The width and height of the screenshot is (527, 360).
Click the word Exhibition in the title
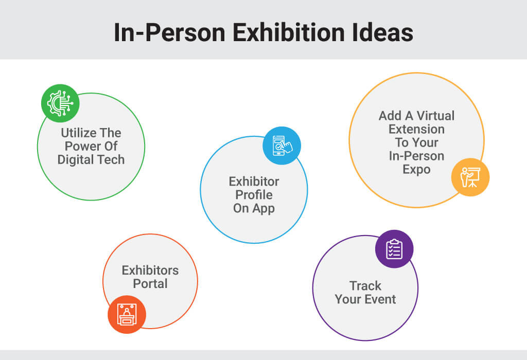pyautogui.click(x=289, y=32)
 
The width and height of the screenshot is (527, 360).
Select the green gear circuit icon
pyautogui.click(x=60, y=103)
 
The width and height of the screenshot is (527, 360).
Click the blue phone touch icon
pyautogui.click(x=282, y=146)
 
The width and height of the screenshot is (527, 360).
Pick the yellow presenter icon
pyautogui.click(x=470, y=177)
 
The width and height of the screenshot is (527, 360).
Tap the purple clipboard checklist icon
pyautogui.click(x=394, y=249)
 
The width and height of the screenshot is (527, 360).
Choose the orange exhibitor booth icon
pyautogui.click(x=127, y=314)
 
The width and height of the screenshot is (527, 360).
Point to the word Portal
pyautogui.click(x=150, y=284)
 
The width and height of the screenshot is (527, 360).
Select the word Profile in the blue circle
pyautogui.click(x=254, y=195)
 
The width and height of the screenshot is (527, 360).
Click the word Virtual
pyautogui.click(x=435, y=116)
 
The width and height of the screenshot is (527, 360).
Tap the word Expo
pyautogui.click(x=416, y=170)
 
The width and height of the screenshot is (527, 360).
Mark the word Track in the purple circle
pyautogui.click(x=365, y=286)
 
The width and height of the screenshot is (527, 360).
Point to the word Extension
pyautogui.click(x=416, y=129)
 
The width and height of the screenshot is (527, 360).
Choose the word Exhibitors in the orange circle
pyautogui.click(x=150, y=271)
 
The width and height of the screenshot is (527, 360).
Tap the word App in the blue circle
pyautogui.click(x=263, y=209)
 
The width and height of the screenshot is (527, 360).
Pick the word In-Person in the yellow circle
pyautogui.click(x=416, y=156)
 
